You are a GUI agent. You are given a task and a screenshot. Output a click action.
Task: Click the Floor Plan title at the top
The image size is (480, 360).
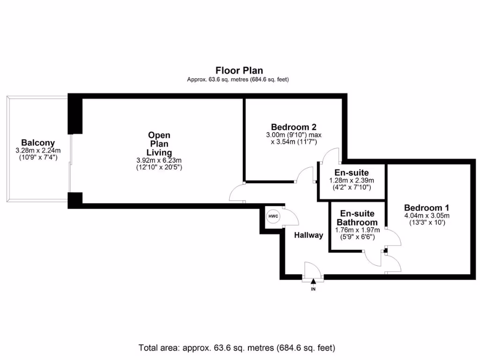(239, 71)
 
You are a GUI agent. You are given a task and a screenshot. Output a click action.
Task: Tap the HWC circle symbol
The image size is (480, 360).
(273, 217)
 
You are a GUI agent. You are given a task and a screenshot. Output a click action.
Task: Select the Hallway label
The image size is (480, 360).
(308, 235)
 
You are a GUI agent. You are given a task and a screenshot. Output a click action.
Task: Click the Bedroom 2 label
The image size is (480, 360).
(293, 127)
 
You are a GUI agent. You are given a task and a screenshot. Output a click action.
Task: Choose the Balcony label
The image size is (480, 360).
(38, 143)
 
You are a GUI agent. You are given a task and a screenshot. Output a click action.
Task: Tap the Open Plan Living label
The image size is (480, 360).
(159, 144)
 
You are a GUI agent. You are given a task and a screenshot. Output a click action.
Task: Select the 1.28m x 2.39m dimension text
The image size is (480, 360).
(351, 180)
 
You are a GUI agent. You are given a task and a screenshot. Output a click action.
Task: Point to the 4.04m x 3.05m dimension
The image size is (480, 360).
(427, 216)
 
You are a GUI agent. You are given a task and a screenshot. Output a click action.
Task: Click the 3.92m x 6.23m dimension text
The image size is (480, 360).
(159, 160)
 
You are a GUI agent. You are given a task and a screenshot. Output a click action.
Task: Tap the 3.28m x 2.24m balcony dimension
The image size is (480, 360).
(38, 150)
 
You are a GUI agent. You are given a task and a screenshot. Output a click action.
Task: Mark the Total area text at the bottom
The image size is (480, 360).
(237, 348)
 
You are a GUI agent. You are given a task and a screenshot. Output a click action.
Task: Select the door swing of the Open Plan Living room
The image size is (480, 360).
(237, 193)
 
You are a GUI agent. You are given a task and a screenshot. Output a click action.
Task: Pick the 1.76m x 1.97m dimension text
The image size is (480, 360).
(357, 230)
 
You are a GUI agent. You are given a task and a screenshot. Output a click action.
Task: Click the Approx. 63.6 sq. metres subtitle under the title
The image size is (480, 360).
(238, 80)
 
